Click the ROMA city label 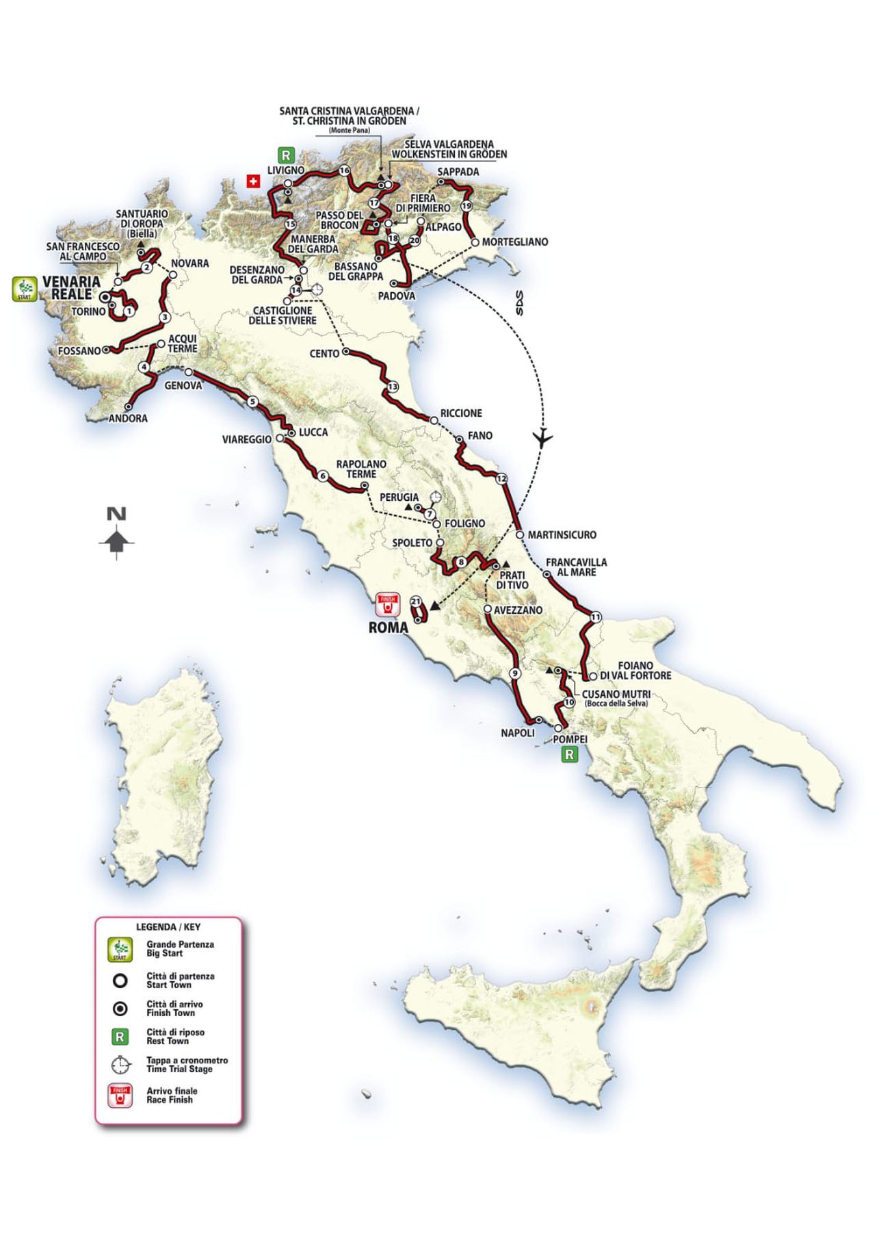(x=388, y=627)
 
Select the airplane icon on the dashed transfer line (x=543, y=437)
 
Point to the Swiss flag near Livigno (x=254, y=181)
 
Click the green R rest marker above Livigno (x=286, y=155)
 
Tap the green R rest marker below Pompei (x=568, y=755)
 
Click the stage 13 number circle (x=392, y=387)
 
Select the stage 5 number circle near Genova (x=253, y=402)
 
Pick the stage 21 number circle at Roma (x=415, y=601)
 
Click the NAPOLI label (x=517, y=733)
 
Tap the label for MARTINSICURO (x=562, y=535)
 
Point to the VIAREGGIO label (x=247, y=439)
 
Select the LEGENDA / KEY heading (x=168, y=927)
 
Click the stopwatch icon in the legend (x=120, y=1065)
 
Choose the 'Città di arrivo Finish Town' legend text (x=174, y=1009)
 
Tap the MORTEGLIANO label (x=514, y=242)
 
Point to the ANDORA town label (x=128, y=418)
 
